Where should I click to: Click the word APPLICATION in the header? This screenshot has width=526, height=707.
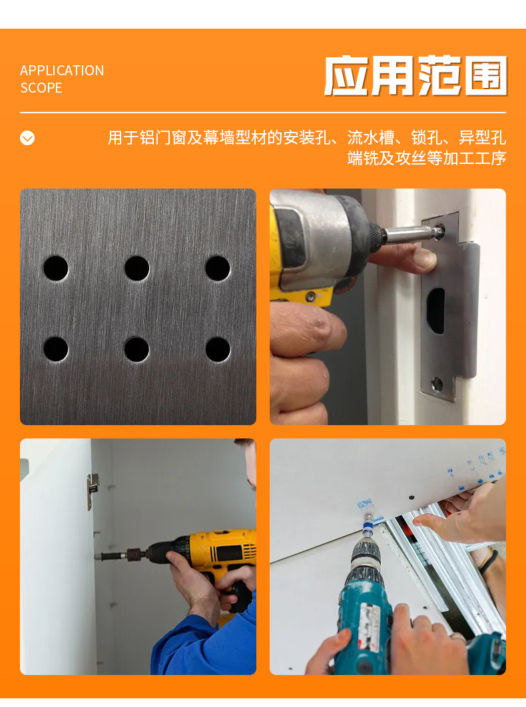[x=62, y=71]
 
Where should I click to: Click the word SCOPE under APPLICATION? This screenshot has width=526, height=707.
[x=41, y=87]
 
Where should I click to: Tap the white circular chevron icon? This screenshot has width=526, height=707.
[x=27, y=138]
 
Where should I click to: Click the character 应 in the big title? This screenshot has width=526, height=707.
[x=346, y=76]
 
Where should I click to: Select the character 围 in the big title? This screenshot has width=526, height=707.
[x=486, y=76]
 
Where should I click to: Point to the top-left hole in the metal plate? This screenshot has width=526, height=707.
[x=56, y=269]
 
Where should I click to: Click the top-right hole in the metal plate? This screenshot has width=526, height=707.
[x=218, y=269]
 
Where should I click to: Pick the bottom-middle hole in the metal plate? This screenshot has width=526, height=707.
[x=137, y=349]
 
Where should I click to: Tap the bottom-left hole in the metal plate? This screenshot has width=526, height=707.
[x=56, y=349]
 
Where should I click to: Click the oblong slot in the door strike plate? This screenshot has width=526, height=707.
[x=435, y=311]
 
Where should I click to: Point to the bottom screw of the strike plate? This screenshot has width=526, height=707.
[x=437, y=384]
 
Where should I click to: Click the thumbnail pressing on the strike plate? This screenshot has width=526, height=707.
[x=424, y=259]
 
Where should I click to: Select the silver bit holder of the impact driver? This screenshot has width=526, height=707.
[x=412, y=234]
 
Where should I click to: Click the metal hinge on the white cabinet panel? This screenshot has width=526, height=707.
[x=93, y=491]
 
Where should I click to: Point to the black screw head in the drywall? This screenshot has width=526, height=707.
[x=411, y=497]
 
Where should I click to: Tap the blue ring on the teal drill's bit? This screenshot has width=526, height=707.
[x=368, y=526]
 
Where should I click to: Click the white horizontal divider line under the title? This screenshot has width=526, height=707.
[x=263, y=112]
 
